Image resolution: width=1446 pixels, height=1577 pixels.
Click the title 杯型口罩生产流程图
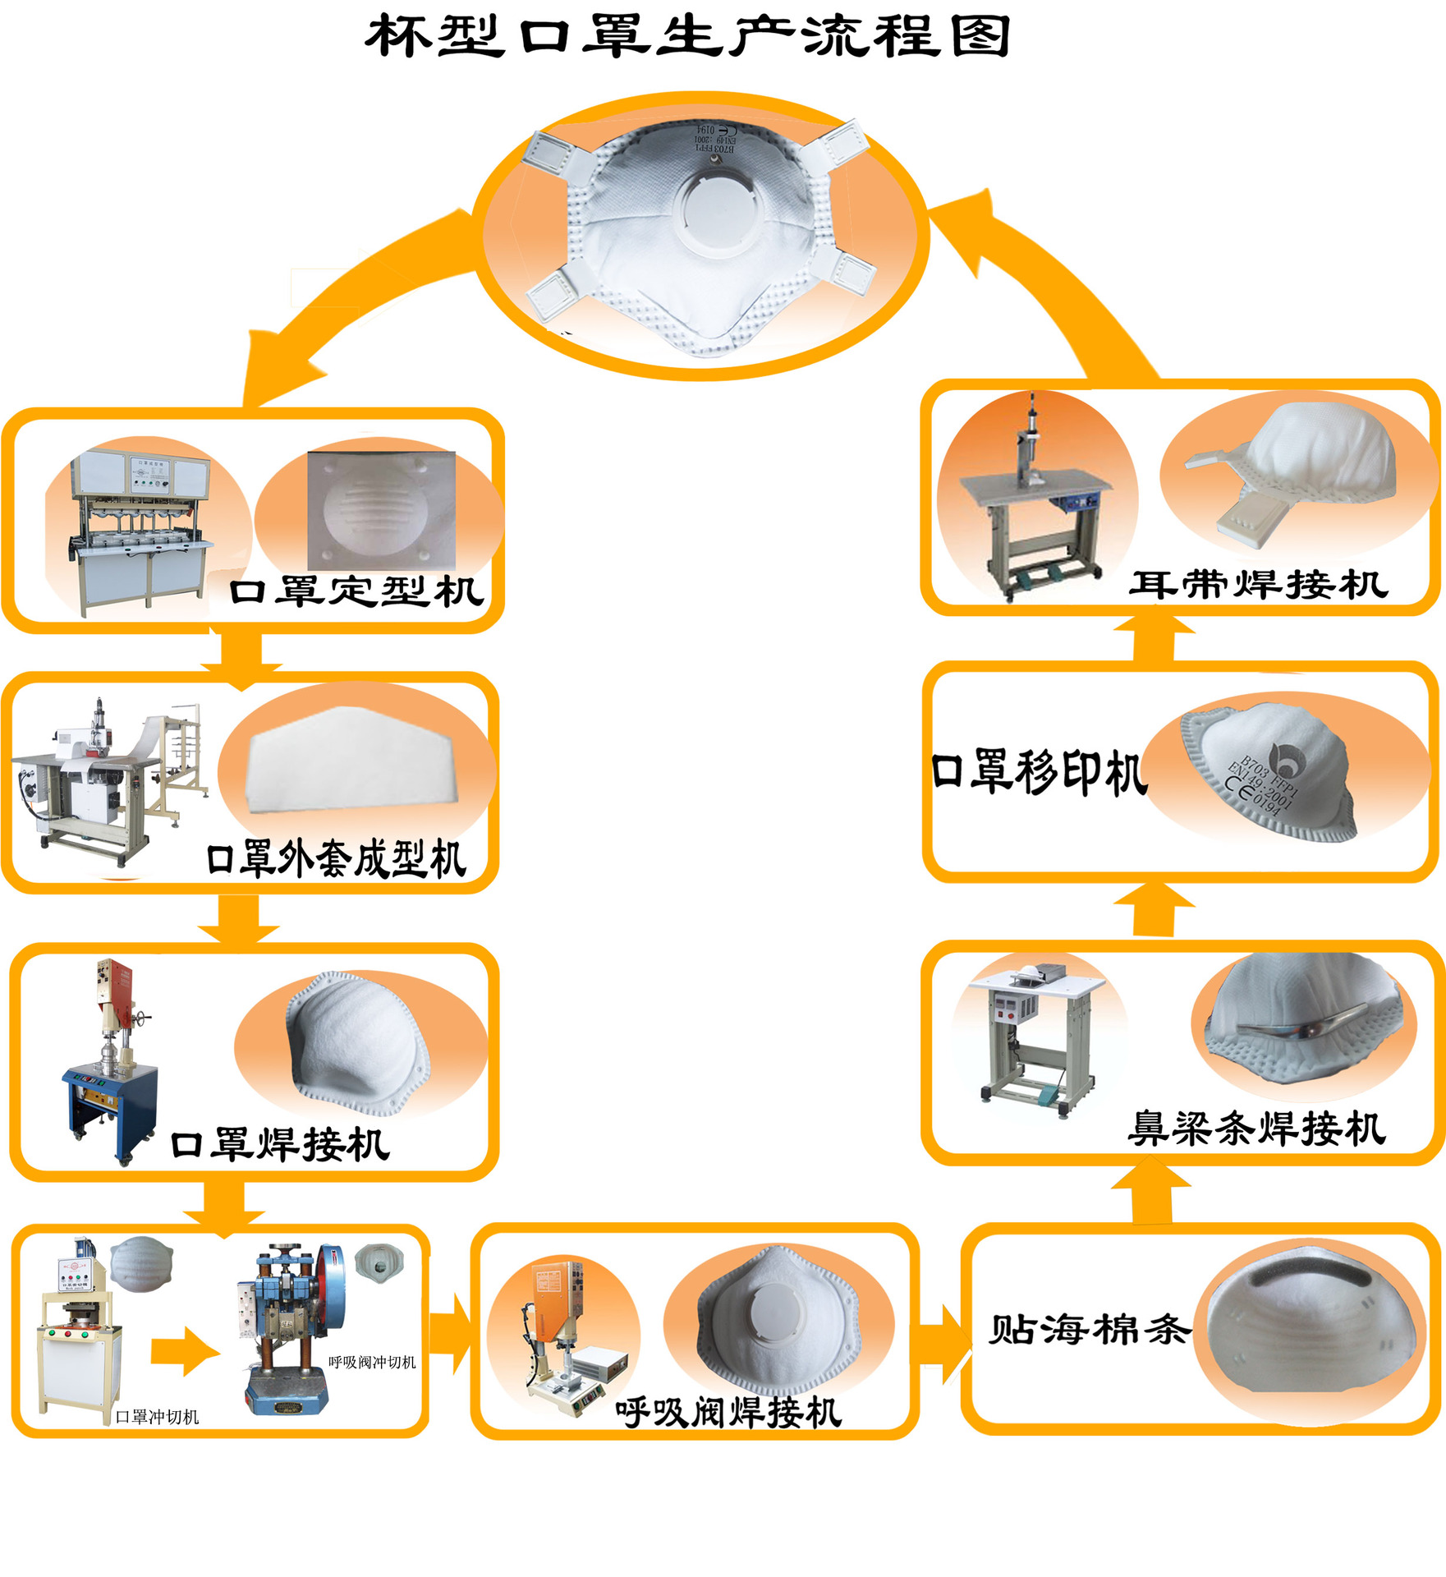click(x=687, y=36)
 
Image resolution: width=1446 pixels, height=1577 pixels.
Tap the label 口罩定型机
click(x=356, y=591)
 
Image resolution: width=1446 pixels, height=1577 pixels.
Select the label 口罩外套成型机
click(x=337, y=859)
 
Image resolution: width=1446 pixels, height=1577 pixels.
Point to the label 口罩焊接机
click(x=280, y=1144)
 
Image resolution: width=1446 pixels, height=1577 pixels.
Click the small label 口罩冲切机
click(x=157, y=1417)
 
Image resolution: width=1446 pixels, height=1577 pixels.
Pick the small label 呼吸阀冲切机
click(x=372, y=1362)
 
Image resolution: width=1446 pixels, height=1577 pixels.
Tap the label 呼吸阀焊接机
click(x=728, y=1413)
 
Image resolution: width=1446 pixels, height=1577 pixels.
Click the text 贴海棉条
click(x=1089, y=1329)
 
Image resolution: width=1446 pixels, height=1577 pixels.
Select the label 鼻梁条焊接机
click(x=1256, y=1129)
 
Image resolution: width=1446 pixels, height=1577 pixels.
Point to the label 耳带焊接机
click(x=1258, y=585)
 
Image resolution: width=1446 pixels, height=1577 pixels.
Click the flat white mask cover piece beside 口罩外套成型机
click(x=356, y=760)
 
